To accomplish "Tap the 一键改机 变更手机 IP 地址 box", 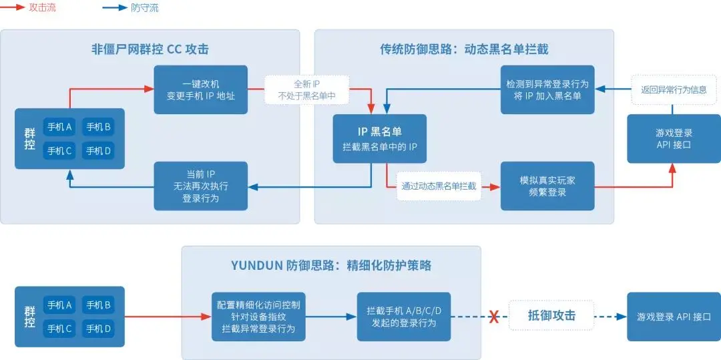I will (x=200, y=89).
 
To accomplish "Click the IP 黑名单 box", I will (x=380, y=139).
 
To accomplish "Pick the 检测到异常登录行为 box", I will (x=547, y=89).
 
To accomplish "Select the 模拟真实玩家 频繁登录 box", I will (x=547, y=186).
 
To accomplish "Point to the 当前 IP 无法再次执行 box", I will (x=200, y=186).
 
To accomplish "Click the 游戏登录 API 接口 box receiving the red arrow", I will (x=674, y=138).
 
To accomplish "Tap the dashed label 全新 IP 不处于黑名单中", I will (x=306, y=89).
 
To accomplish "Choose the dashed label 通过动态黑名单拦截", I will (x=439, y=186).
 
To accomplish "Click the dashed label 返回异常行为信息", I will (x=674, y=89).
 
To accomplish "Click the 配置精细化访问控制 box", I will (x=258, y=317).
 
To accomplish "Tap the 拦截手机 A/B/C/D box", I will (x=404, y=317).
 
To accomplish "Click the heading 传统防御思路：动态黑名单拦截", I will (x=464, y=49).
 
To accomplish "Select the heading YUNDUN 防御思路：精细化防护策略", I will (x=330, y=266).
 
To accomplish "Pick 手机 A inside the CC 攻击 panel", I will (x=59, y=126).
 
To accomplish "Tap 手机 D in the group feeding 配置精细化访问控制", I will (x=98, y=329).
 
